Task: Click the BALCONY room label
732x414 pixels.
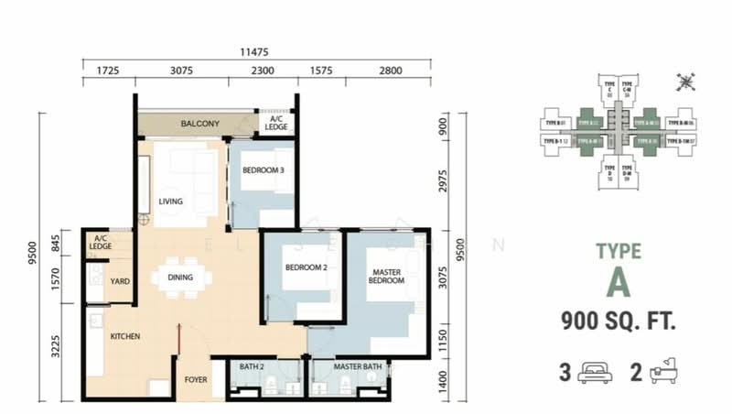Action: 198,124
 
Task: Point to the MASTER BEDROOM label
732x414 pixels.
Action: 387,276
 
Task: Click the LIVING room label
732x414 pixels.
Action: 170,202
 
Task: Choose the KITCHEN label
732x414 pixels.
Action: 125,337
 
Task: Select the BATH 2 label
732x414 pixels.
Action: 252,368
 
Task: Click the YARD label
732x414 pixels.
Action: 119,282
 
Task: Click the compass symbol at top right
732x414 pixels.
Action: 684,82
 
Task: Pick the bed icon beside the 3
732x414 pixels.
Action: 592,373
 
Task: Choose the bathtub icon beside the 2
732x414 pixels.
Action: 664,373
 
